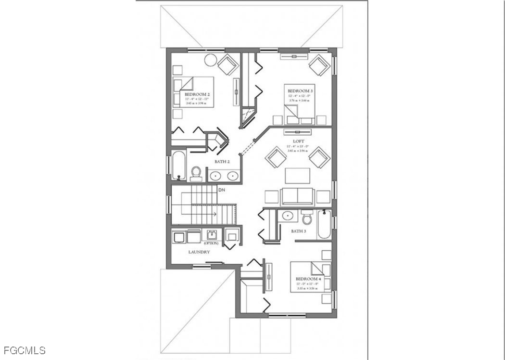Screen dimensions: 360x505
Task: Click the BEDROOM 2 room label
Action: pyautogui.click(x=197, y=94)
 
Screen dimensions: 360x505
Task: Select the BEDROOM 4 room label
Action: pyautogui.click(x=308, y=279)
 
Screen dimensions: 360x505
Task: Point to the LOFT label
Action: pyautogui.click(x=298, y=141)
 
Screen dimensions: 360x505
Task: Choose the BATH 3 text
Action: pyautogui.click(x=298, y=231)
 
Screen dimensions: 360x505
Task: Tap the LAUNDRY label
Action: pyautogui.click(x=199, y=252)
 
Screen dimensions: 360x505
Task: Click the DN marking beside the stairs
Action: pyautogui.click(x=221, y=190)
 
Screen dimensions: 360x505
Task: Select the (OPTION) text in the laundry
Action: pyautogui.click(x=211, y=244)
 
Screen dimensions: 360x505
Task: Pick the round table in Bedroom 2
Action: pyautogui.click(x=211, y=60)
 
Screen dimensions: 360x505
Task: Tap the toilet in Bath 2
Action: pyautogui.click(x=196, y=173)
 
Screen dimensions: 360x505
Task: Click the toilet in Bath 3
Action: pyautogui.click(x=307, y=219)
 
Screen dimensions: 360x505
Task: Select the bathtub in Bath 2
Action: pyautogui.click(x=178, y=165)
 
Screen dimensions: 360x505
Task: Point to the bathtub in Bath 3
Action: pyautogui.click(x=324, y=224)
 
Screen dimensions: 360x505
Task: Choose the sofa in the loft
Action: pyautogui.click(x=297, y=196)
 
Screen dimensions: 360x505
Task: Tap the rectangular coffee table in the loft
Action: pyautogui.click(x=297, y=176)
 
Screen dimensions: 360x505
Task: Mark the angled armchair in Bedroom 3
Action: pyautogui.click(x=319, y=65)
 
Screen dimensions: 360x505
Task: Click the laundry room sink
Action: pyautogui.click(x=212, y=235)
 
